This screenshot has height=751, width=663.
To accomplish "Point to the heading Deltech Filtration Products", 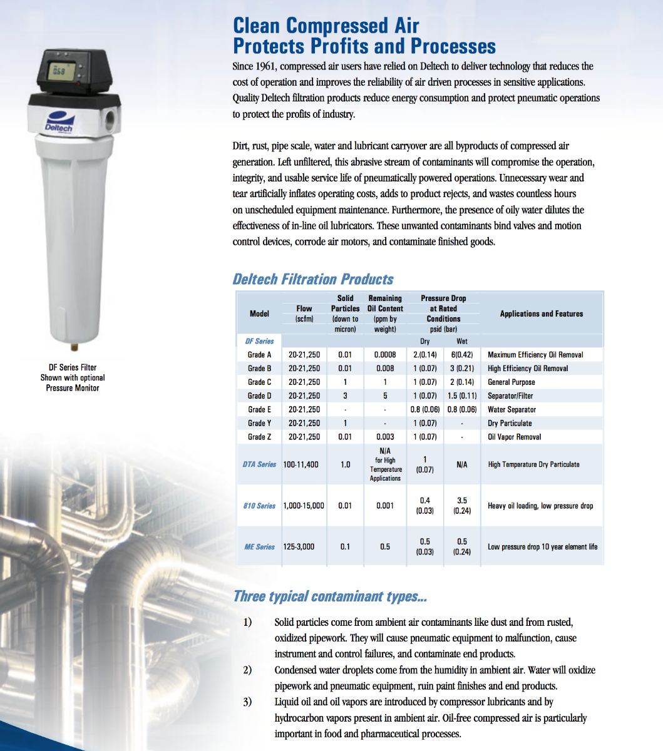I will [313, 279].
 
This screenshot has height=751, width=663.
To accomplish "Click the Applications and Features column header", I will [541, 314].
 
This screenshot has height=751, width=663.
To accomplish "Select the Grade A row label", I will [259, 355].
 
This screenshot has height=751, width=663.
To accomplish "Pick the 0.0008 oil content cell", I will [384, 355].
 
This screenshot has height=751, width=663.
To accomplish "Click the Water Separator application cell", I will [511, 409].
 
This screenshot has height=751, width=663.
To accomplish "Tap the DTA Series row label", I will [259, 464].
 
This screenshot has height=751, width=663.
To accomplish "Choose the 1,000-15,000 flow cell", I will [304, 506].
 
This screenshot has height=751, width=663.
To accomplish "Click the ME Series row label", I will [259, 547].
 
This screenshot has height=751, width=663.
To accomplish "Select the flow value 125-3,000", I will [299, 547].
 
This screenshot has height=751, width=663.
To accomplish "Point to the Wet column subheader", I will [462, 341].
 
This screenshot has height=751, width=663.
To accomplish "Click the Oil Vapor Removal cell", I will [514, 437].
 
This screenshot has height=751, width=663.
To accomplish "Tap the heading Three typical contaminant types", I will [330, 596].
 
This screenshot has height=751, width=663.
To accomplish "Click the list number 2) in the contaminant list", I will [247, 670].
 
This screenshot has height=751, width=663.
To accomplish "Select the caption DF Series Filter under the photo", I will [73, 367].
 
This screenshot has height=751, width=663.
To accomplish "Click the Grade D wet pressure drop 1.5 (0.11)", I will [462, 396].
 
